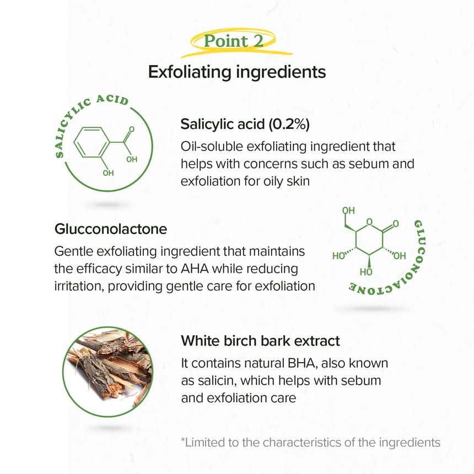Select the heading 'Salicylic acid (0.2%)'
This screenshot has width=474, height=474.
pyautogui.click(x=245, y=124)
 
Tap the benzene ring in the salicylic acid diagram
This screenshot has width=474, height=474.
pyautogui.click(x=91, y=142)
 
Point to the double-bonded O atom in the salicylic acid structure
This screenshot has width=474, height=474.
pyautogui.click(x=132, y=130)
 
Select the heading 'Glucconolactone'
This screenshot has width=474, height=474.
pyautogui.click(x=111, y=229)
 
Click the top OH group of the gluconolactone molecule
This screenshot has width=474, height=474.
pyautogui.click(x=348, y=211)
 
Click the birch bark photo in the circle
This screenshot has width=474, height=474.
pyautogui.click(x=107, y=372)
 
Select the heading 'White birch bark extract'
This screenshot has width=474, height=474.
pyautogui.click(x=260, y=341)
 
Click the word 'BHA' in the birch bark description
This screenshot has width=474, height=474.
pyautogui.click(x=303, y=363)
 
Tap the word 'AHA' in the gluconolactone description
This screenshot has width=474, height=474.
pyautogui.click(x=195, y=269)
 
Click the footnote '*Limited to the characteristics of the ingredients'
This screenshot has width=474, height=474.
pyautogui.click(x=310, y=443)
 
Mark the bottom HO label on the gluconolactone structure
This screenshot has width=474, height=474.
pyautogui.click(x=366, y=272)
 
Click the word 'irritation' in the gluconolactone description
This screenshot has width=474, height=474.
pyautogui.click(x=79, y=286)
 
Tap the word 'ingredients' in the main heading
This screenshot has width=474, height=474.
pyautogui.click(x=281, y=72)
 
